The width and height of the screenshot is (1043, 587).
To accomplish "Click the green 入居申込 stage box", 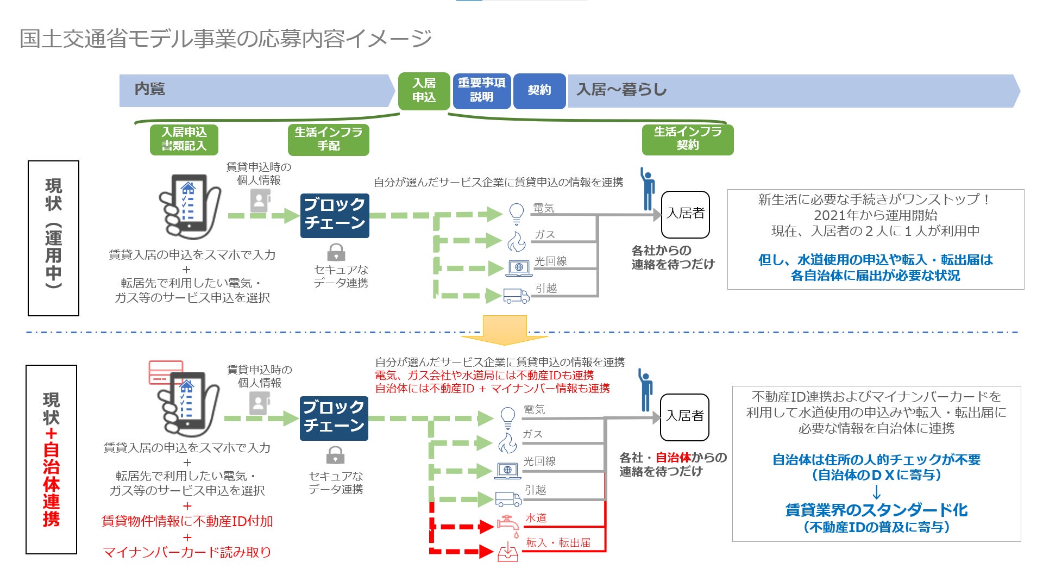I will click(424, 91).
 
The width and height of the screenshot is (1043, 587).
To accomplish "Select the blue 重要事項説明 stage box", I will click(481, 91).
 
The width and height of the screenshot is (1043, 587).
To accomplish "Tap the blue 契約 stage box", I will click(539, 91).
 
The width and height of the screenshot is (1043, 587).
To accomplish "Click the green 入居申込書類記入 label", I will click(184, 139).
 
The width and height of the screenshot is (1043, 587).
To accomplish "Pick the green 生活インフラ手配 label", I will click(328, 139).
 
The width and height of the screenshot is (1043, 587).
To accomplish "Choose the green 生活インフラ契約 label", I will click(687, 139).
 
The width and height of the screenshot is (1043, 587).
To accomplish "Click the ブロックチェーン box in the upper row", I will click(335, 215).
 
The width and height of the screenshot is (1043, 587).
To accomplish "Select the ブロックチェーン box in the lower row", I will click(334, 418).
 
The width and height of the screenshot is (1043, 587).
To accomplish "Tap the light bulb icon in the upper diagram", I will click(517, 214).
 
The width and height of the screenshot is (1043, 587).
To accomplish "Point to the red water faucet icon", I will click(507, 526).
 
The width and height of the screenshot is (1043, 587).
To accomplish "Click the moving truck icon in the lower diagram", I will click(508, 498).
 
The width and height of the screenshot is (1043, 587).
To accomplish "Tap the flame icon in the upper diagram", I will click(517, 241).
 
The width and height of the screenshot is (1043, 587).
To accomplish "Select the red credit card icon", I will click(166, 372).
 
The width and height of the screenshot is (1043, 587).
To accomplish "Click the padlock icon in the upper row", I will click(336, 252).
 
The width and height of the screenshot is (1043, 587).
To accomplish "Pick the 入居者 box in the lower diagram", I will click(684, 417).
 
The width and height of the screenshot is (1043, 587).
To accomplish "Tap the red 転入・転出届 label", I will click(558, 542).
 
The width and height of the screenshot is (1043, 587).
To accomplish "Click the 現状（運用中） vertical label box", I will click(53, 238).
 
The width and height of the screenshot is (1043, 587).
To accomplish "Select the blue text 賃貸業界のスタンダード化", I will click(876, 510).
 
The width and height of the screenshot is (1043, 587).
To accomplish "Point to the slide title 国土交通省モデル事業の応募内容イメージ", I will click(225, 39).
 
